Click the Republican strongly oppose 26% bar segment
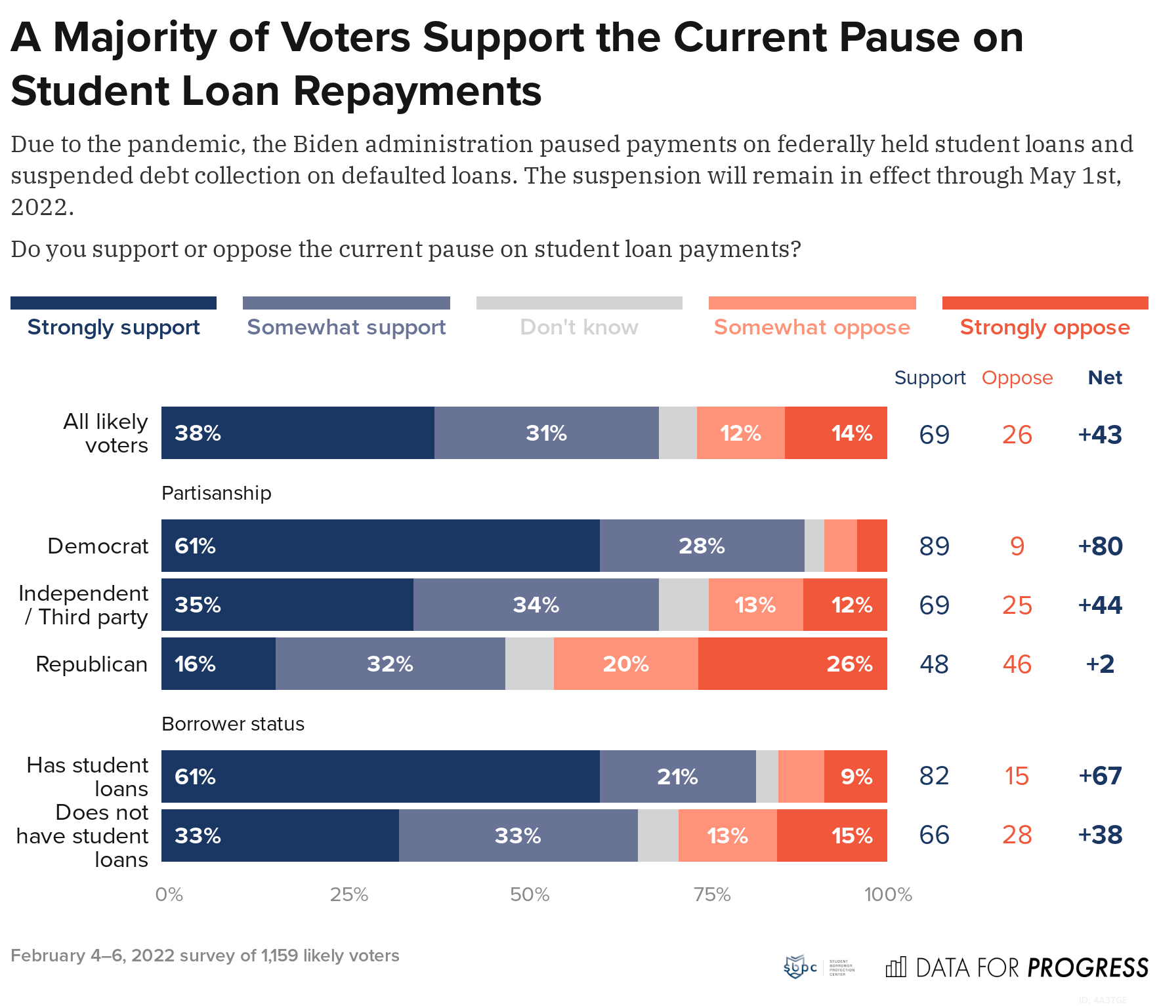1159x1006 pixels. click(x=792, y=664)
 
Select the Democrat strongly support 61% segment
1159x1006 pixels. click(x=381, y=546)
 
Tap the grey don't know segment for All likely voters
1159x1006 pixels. click(x=677, y=433)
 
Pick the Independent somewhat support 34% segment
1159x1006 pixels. click(x=536, y=605)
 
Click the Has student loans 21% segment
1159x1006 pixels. click(x=677, y=776)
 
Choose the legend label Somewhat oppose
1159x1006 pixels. click(x=812, y=327)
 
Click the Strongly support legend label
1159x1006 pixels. click(x=114, y=327)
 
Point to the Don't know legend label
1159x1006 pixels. click(x=579, y=327)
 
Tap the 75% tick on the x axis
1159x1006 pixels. click(x=712, y=895)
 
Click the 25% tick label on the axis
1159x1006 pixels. click(x=348, y=895)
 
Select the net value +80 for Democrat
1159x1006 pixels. click(x=1100, y=546)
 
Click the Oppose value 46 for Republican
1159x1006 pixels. click(x=1017, y=664)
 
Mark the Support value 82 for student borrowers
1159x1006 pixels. click(x=934, y=776)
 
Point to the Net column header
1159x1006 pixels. click(x=1105, y=378)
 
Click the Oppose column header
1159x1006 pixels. click(x=1017, y=378)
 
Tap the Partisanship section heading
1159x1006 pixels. click(x=216, y=493)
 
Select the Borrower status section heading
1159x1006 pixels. click(x=232, y=724)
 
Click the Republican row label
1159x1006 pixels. click(x=91, y=664)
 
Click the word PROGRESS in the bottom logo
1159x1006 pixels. click(x=1087, y=968)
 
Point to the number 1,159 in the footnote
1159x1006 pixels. click(x=280, y=956)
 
